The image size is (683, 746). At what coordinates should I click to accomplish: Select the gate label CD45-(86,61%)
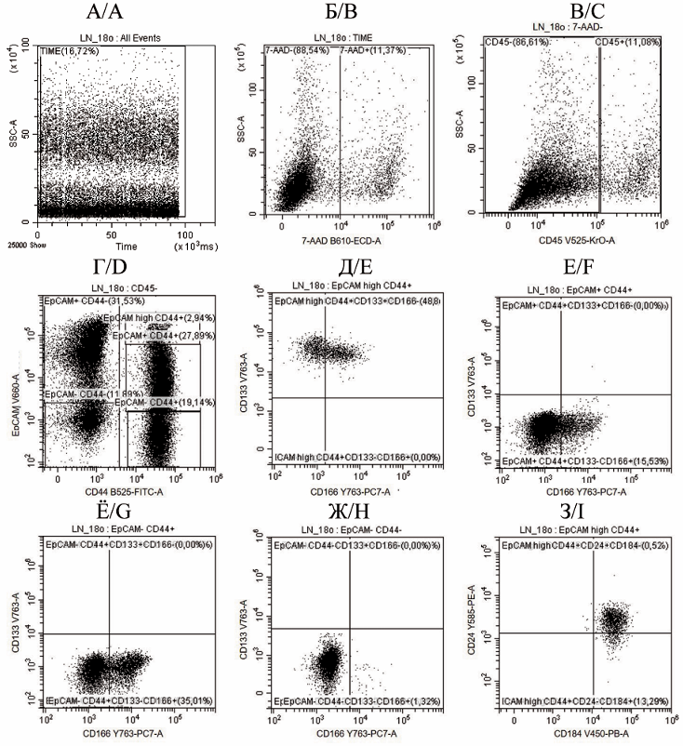(x=516, y=42)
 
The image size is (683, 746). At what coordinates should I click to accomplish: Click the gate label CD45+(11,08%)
(x=629, y=42)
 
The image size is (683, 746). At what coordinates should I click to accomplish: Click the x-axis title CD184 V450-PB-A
(x=578, y=734)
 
